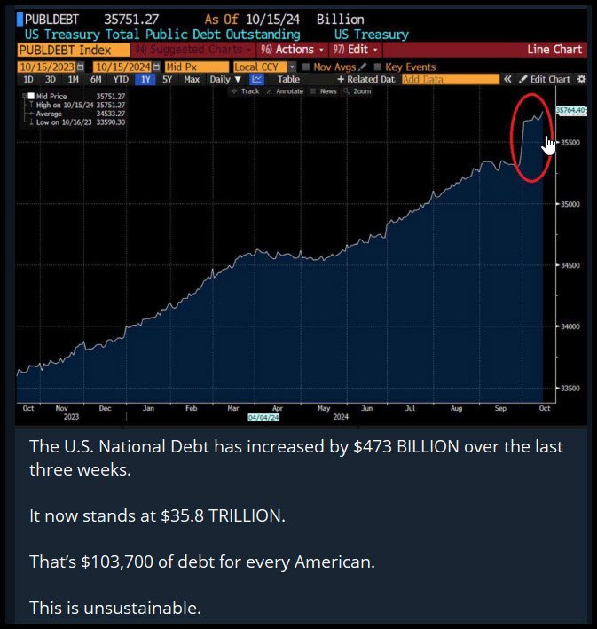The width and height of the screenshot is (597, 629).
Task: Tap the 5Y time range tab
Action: point(167,79)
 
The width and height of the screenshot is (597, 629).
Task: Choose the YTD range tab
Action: point(122,79)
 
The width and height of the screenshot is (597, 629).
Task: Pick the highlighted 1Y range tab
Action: point(145,79)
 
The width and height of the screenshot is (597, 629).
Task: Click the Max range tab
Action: point(192,79)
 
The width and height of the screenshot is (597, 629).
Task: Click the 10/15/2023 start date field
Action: point(47,66)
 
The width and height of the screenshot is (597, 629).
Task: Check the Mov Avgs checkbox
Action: point(306,66)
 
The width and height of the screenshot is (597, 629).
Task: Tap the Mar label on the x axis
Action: point(232,408)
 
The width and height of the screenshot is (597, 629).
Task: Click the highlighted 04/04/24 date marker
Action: point(263,415)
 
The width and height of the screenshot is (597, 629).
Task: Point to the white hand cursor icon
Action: point(550,145)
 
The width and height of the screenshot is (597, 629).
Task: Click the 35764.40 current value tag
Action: point(570,110)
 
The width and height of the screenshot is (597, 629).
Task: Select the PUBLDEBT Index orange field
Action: point(71,50)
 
